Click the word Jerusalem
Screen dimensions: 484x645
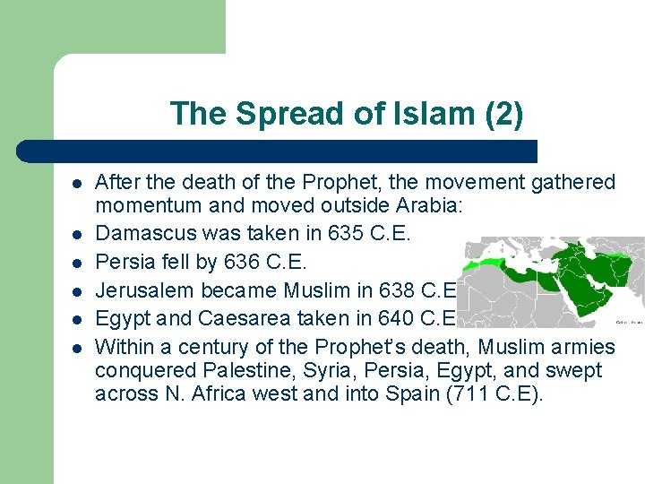pyautogui.click(x=141, y=290)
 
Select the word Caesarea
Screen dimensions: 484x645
pyautogui.click(x=241, y=319)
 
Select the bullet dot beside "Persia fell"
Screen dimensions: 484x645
pyautogui.click(x=78, y=263)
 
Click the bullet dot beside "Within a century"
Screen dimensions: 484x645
pyautogui.click(x=78, y=347)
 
